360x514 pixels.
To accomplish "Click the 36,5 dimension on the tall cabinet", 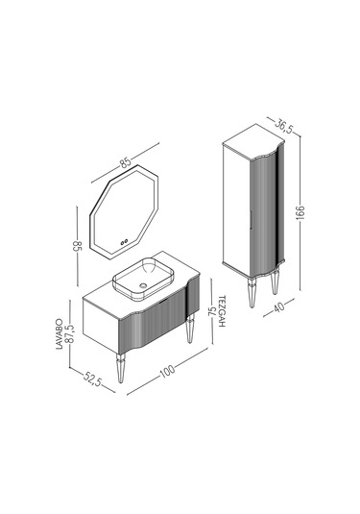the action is [x=283, y=126].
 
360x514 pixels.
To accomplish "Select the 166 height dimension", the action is [x=300, y=213].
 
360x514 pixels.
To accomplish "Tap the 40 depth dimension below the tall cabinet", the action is [x=278, y=306].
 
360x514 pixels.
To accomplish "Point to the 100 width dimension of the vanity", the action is [x=167, y=371].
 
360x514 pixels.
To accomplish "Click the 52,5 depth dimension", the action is [x=93, y=379].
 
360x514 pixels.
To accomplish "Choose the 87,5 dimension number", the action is [x=69, y=333].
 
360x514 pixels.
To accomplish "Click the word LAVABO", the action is [x=60, y=333].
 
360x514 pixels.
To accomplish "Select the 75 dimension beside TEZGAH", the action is [x=212, y=310].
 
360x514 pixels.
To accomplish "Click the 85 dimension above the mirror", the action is [x=125, y=162].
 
